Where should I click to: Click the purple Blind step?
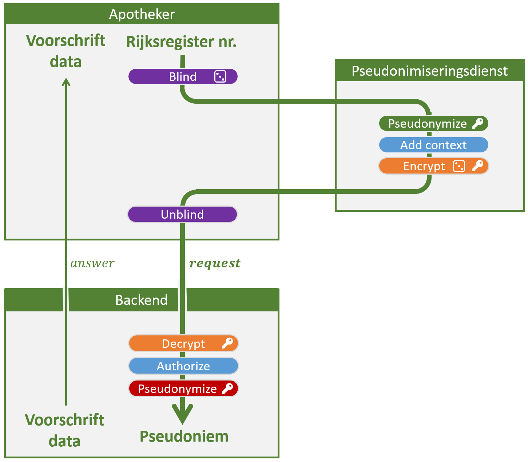coord(183,76)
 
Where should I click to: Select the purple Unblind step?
coord(182,214)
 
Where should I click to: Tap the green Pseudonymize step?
coord(433,123)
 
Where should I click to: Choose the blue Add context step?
coord(433,145)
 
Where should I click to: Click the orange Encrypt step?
coord(433,166)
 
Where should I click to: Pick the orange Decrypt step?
coord(183,343)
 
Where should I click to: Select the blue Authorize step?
coord(183,366)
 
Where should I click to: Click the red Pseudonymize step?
coord(183,388)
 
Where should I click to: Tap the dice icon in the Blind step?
coord(220,76)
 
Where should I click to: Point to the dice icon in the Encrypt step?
coord(459,166)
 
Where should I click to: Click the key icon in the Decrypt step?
coord(227,343)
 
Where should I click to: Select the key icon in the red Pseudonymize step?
coord(227,388)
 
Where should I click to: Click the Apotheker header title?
coord(142,14)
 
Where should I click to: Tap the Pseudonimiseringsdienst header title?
coord(429,71)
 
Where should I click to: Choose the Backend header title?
coord(142,300)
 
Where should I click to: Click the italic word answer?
coord(92,263)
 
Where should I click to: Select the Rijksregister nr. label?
coord(181,42)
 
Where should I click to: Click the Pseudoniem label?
coord(184,437)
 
